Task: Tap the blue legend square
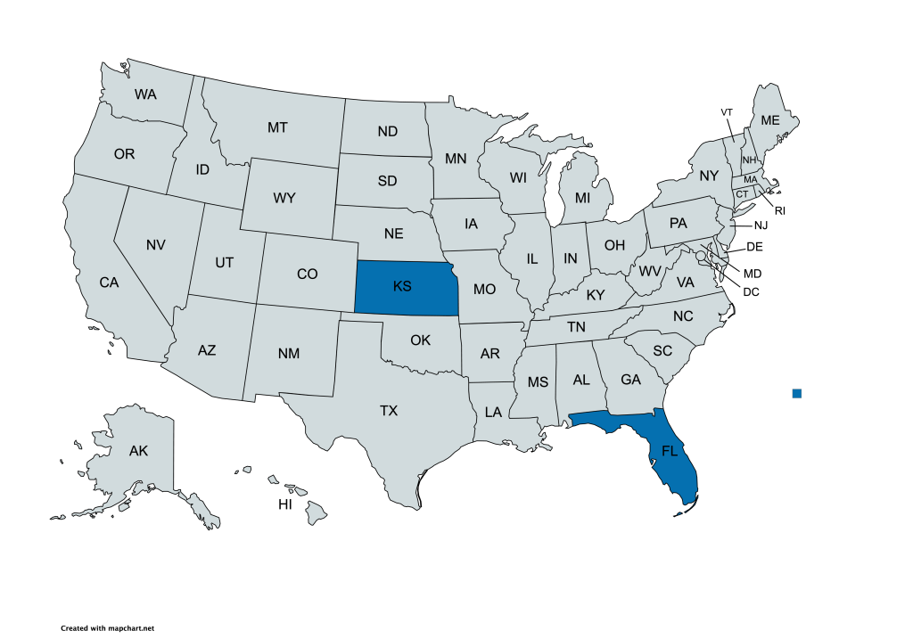coord(797,393)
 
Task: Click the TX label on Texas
coord(389,411)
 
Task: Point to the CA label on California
coord(109,283)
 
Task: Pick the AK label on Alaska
coord(138,451)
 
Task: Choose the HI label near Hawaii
coord(285,504)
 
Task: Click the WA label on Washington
coord(146,94)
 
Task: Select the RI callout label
coord(779,210)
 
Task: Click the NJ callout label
coord(760,225)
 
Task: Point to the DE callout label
coord(754,246)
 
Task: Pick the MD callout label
coord(753,273)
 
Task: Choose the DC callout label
coord(751,290)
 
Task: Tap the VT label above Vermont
coord(727,111)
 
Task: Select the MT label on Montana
coord(277,127)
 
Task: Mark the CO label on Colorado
coord(307,274)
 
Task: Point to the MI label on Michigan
coord(582,196)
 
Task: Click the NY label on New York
coord(709,176)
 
